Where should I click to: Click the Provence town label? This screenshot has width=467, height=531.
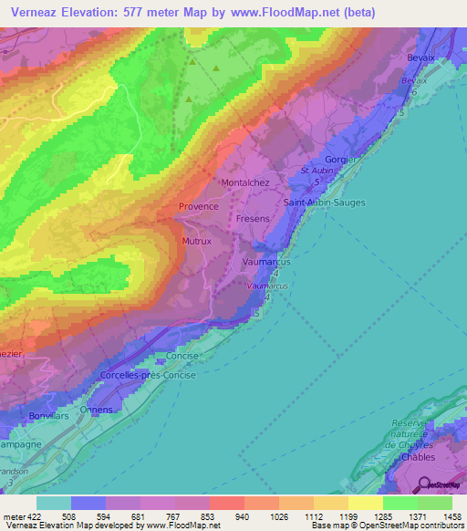click(198, 206)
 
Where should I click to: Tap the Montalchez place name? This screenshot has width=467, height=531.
click(245, 182)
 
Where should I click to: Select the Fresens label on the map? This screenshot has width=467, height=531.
click(253, 220)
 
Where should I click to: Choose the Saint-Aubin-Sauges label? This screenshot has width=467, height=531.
click(324, 202)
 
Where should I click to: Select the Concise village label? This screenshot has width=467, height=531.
click(182, 356)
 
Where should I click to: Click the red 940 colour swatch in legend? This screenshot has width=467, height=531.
click(226, 503)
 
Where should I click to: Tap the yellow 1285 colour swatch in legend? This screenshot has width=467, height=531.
click(365, 503)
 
